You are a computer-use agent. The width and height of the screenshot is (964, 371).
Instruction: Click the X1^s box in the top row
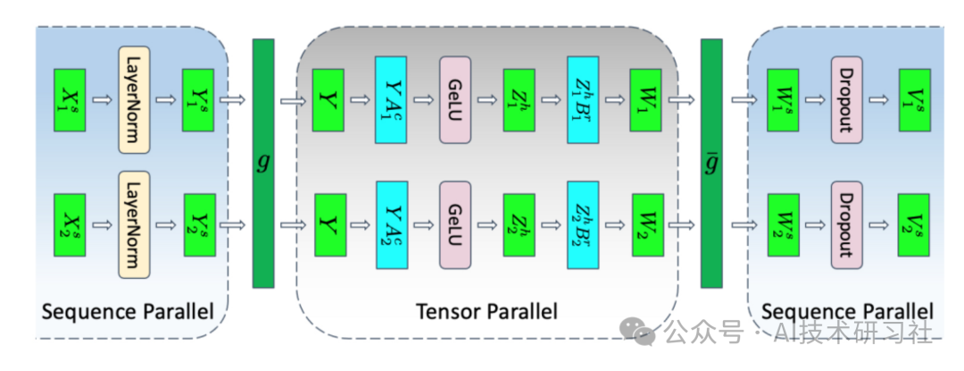(x=71, y=99)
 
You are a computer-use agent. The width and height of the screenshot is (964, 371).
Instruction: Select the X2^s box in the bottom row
(x=71, y=225)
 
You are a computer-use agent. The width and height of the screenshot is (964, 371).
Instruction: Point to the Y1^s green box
(x=198, y=99)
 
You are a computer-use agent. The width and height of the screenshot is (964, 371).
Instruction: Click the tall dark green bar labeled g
(x=263, y=163)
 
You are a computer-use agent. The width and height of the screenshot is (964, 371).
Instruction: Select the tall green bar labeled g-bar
(x=711, y=163)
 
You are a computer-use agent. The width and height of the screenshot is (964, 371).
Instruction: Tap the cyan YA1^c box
(x=390, y=99)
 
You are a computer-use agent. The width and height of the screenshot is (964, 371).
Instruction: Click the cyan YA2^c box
(x=390, y=225)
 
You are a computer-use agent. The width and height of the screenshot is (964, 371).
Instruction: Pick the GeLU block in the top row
(x=453, y=99)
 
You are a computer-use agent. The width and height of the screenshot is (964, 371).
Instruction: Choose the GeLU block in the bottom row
(x=453, y=225)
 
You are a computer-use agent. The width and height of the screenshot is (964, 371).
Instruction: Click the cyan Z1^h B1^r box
(x=582, y=99)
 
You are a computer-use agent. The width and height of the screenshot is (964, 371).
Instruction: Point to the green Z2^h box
(x=518, y=225)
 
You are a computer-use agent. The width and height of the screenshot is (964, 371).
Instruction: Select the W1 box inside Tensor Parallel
(x=645, y=99)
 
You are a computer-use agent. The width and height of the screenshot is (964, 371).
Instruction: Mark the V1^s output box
(x=913, y=99)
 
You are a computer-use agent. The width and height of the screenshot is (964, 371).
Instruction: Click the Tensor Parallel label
(x=486, y=311)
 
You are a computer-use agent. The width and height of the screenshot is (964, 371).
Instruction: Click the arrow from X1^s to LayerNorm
(x=102, y=99)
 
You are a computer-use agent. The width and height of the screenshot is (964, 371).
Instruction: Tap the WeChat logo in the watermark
(x=644, y=332)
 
